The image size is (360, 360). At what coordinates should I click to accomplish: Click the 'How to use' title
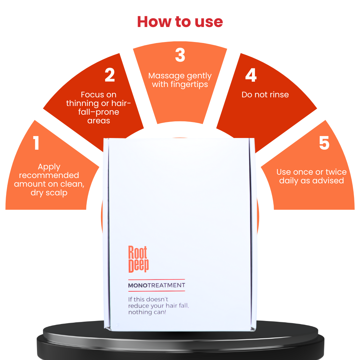pyautogui.click(x=180, y=22)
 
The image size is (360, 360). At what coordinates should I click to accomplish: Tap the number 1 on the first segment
pyautogui.click(x=36, y=143)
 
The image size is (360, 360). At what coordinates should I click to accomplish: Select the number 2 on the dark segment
pyautogui.click(x=110, y=75)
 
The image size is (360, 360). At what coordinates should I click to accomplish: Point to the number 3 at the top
pyautogui.click(x=180, y=55)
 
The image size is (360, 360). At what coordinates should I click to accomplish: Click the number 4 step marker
pyautogui.click(x=251, y=75)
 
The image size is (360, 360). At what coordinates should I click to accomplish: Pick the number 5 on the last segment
pyautogui.click(x=324, y=143)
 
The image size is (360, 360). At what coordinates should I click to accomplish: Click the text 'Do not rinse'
pyautogui.click(x=265, y=95)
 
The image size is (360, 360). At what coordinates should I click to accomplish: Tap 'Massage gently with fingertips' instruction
pyautogui.click(x=180, y=80)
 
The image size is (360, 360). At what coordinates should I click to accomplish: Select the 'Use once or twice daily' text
pyautogui.click(x=312, y=176)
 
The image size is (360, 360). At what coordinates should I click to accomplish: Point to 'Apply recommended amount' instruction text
pyautogui.click(x=49, y=180)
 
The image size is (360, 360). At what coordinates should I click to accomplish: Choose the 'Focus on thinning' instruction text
pyautogui.click(x=98, y=107)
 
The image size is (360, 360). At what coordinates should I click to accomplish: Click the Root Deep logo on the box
pyautogui.click(x=138, y=259)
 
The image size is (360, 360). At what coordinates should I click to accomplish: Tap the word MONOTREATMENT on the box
pyautogui.click(x=157, y=285)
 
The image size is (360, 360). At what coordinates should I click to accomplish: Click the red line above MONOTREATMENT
pyautogui.click(x=157, y=280)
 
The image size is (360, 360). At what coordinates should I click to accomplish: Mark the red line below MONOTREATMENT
pyautogui.click(x=157, y=291)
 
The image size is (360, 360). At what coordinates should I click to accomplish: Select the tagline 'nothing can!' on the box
pyautogui.click(x=147, y=312)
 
